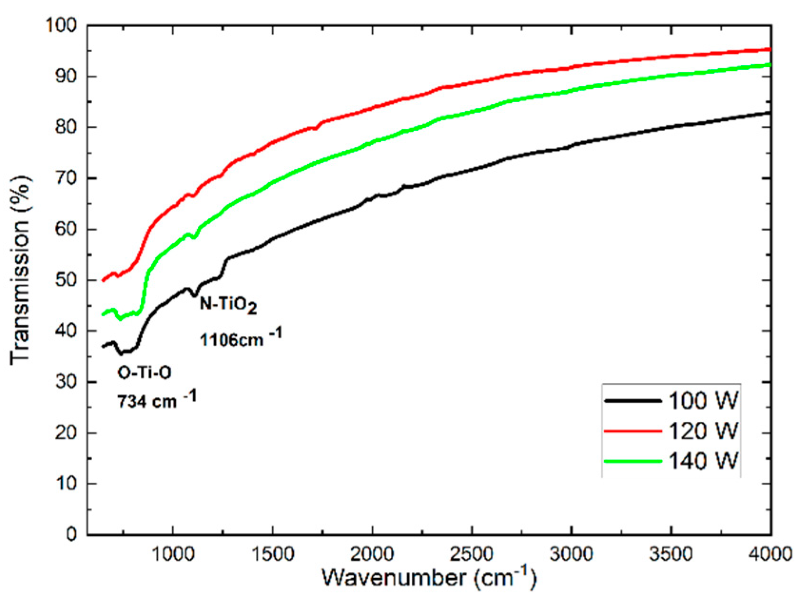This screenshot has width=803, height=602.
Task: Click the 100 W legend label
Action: click(x=703, y=401)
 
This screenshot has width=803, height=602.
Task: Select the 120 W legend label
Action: click(x=703, y=431)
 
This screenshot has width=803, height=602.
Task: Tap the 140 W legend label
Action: click(x=703, y=461)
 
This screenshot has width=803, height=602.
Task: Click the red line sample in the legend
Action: click(x=633, y=431)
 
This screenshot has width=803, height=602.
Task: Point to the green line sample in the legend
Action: click(x=633, y=461)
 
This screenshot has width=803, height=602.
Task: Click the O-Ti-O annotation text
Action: click(x=144, y=373)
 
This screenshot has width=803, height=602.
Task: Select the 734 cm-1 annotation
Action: click(x=156, y=400)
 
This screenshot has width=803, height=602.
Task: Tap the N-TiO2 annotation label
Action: click(x=228, y=304)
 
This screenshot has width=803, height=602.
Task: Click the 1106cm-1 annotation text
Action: click(x=240, y=339)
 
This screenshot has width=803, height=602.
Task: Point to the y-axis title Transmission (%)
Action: click(x=20, y=270)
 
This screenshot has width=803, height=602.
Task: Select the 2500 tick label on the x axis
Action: click(x=472, y=554)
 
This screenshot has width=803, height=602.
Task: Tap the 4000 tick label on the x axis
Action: click(x=770, y=554)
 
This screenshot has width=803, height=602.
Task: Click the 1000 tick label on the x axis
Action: click(x=173, y=554)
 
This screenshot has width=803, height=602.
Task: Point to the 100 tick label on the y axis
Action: click(x=61, y=25)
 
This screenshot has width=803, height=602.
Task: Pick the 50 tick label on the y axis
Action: click(x=66, y=280)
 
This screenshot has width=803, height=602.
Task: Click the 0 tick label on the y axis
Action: click(x=71, y=534)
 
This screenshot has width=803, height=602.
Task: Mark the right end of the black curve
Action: click(x=770, y=113)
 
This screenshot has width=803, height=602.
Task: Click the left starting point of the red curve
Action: click(x=103, y=281)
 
